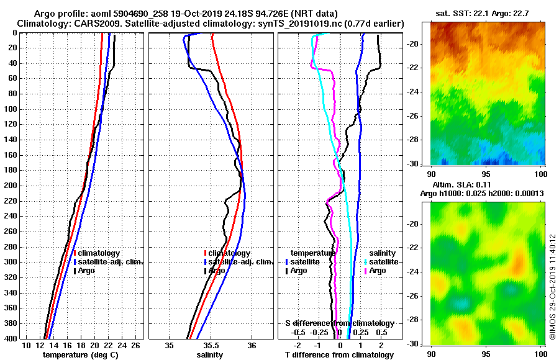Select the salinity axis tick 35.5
pos(211,345)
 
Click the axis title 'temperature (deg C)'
pos(80,355)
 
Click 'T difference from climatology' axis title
pos(339,355)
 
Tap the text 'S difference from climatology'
pos(339,323)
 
